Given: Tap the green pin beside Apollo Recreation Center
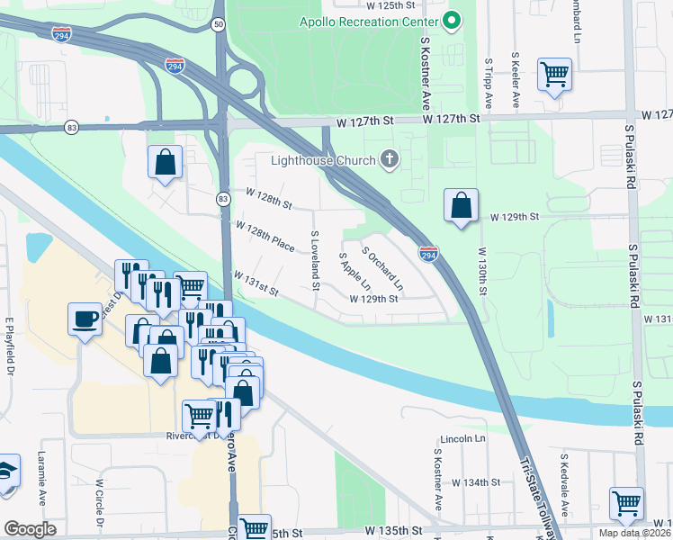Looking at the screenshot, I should coord(453,19).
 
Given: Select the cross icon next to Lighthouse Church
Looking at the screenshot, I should coord(390,160).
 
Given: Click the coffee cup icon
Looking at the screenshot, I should coord(85,319).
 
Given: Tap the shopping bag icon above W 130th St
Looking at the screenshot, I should coord(461,205).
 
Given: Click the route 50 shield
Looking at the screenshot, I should coord(219,26).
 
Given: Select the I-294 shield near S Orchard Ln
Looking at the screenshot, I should coord(428,255).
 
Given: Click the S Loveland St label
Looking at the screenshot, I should coord(315,261).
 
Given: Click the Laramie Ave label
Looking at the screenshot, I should coord(41,484).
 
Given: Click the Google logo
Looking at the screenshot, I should coord(30,529).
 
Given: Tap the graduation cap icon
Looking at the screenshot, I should coord(6,472).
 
